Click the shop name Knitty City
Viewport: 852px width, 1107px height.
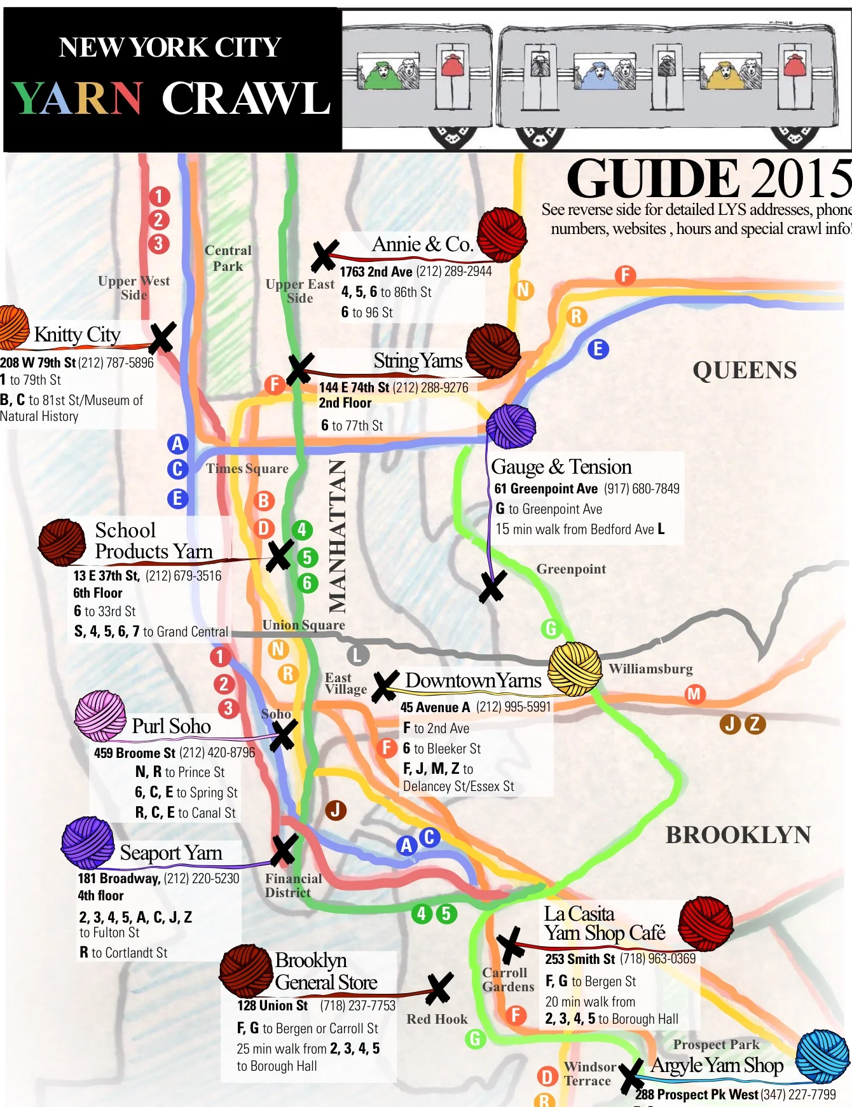click(x=77, y=334)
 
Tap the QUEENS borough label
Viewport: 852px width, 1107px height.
click(x=744, y=370)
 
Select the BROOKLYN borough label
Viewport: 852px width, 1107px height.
click(x=738, y=835)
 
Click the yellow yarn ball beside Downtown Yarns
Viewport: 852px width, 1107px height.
click(x=575, y=668)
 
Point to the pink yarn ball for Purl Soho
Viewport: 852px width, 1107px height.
click(x=100, y=716)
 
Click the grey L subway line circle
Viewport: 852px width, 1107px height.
click(x=357, y=655)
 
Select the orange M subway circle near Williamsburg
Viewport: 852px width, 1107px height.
click(x=694, y=694)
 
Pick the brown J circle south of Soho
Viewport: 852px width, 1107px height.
click(x=336, y=810)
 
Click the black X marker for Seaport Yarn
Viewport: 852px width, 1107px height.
click(x=284, y=850)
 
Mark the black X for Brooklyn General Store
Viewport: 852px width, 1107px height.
click(x=439, y=989)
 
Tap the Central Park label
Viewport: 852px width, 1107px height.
click(x=228, y=258)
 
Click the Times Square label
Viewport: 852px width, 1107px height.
click(x=247, y=469)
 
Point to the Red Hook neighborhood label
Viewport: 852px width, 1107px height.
click(x=437, y=1019)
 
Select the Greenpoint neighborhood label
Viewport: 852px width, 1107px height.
click(x=571, y=569)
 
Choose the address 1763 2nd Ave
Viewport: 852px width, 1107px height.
click(x=376, y=272)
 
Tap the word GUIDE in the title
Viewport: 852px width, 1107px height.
click(x=652, y=179)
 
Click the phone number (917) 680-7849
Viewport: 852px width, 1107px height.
click(x=642, y=488)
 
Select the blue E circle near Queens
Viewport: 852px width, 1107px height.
click(x=598, y=349)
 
